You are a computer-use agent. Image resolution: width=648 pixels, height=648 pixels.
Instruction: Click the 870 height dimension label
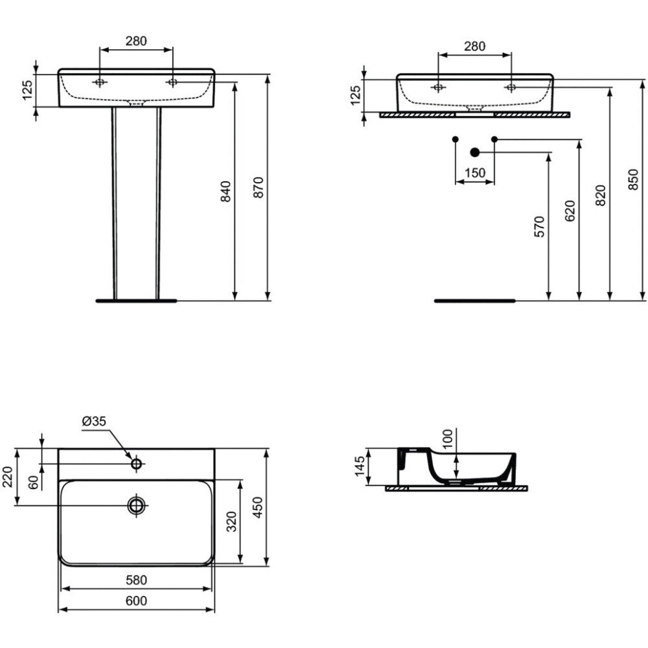[258, 187]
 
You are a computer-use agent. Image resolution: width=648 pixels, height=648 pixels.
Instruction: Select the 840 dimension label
[226, 191]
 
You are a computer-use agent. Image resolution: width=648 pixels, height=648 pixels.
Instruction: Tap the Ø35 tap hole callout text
[94, 421]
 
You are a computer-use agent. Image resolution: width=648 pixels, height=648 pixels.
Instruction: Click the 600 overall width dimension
[136, 601]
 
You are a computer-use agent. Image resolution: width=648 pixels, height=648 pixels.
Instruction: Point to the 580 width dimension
[136, 580]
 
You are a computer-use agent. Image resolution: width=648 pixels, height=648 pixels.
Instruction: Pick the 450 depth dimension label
[257, 507]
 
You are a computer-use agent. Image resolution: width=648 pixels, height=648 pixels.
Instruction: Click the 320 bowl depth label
[231, 522]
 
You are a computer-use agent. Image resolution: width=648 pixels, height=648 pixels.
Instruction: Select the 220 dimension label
[8, 476]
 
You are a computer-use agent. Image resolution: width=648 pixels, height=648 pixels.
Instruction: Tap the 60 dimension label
[34, 481]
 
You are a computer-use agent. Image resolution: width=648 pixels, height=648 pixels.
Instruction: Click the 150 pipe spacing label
[475, 172]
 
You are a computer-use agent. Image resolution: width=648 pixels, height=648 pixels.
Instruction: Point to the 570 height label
[539, 226]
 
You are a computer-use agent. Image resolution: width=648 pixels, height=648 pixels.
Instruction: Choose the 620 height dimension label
[570, 211]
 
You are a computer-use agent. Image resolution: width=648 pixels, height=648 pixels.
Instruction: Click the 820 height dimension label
[601, 196]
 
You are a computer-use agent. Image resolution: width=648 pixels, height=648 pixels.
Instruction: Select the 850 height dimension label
[633, 179]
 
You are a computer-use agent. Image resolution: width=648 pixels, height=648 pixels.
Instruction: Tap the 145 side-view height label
[360, 466]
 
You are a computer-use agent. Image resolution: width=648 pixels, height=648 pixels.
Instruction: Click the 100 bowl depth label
[448, 439]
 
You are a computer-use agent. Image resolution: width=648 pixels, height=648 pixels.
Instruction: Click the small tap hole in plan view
[136, 464]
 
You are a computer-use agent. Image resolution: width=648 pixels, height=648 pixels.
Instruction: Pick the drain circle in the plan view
[136, 505]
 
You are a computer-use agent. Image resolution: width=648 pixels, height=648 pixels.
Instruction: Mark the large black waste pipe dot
[474, 152]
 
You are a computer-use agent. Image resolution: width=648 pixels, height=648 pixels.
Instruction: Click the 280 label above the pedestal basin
[136, 41]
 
